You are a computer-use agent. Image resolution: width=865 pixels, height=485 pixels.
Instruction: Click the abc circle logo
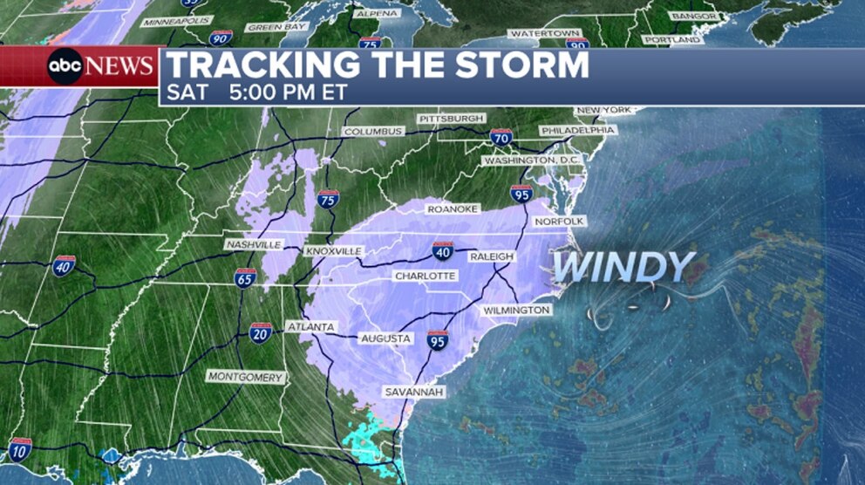click(x=65, y=66)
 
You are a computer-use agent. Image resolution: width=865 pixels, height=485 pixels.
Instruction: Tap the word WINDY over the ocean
click(x=623, y=267)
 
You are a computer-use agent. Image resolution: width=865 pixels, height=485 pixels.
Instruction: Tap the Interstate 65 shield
click(x=245, y=277)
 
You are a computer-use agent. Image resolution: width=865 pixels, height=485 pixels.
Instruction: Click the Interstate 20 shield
click(x=260, y=331)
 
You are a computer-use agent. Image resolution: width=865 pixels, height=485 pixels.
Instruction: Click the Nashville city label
click(x=253, y=245)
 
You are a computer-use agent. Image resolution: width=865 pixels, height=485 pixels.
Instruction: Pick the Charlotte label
click(x=425, y=276)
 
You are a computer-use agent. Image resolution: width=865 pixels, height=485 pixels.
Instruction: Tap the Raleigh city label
click(x=492, y=256)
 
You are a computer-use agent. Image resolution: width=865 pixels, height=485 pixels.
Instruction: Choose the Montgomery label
click(x=246, y=377)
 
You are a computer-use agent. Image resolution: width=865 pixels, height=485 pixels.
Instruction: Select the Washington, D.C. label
click(x=532, y=161)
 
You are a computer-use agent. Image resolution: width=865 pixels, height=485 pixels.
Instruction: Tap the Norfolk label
click(x=558, y=222)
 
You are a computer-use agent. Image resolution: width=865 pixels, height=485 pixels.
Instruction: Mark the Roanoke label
click(x=452, y=209)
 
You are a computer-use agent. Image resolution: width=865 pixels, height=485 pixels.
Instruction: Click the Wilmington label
click(x=516, y=311)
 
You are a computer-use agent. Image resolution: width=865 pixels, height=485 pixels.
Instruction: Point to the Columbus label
click(x=373, y=132)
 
